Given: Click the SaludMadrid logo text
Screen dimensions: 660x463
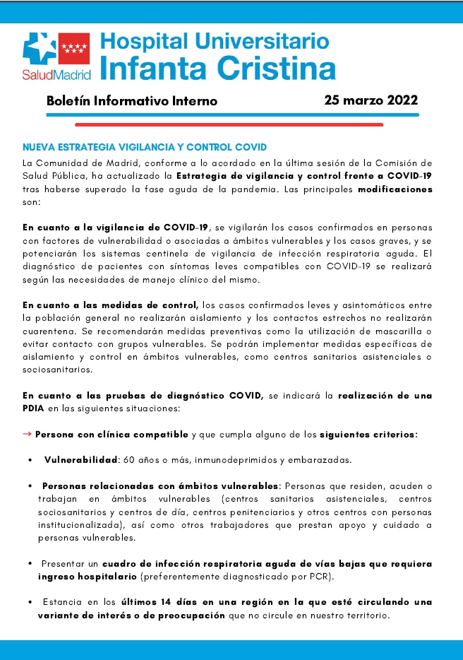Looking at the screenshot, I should coord(56,73).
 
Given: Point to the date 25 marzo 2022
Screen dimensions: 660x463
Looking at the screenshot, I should coord(371,100).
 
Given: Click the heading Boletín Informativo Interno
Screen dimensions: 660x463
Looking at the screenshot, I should coord(132,101).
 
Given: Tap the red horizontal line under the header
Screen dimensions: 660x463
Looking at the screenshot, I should coord(212,124).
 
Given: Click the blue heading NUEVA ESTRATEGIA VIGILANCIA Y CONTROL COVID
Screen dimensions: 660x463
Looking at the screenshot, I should coord(145,147).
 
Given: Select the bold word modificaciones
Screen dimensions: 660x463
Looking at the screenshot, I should coord(395,190).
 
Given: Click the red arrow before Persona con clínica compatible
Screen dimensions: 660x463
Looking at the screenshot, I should coord(28,434).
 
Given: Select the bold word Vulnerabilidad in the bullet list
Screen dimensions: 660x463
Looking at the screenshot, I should coord(80,460).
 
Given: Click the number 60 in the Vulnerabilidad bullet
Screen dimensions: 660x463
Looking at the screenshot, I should coord(129,460).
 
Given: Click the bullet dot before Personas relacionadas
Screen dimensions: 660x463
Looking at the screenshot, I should coord(31,486).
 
